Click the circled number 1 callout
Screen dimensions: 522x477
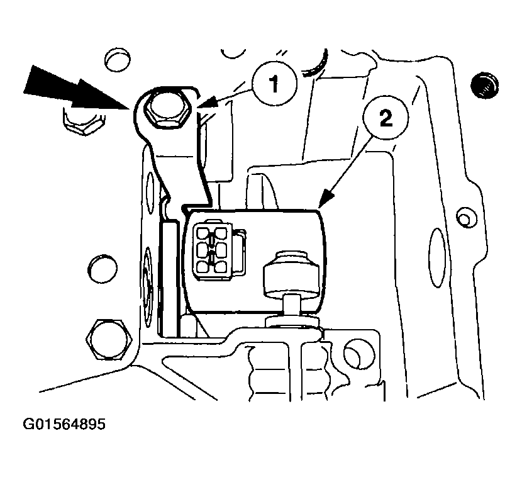(274, 83)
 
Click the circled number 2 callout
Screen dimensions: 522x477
(386, 118)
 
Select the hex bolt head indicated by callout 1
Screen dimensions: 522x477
(167, 109)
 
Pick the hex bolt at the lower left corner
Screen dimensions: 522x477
(107, 339)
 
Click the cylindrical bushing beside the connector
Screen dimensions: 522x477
(291, 274)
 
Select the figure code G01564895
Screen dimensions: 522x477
(64, 424)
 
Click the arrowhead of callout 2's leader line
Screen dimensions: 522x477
(326, 199)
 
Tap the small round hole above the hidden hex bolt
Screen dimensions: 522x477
(118, 60)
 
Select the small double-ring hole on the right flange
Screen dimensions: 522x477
(466, 218)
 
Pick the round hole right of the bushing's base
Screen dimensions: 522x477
(359, 354)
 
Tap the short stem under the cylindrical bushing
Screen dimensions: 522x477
(292, 306)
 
